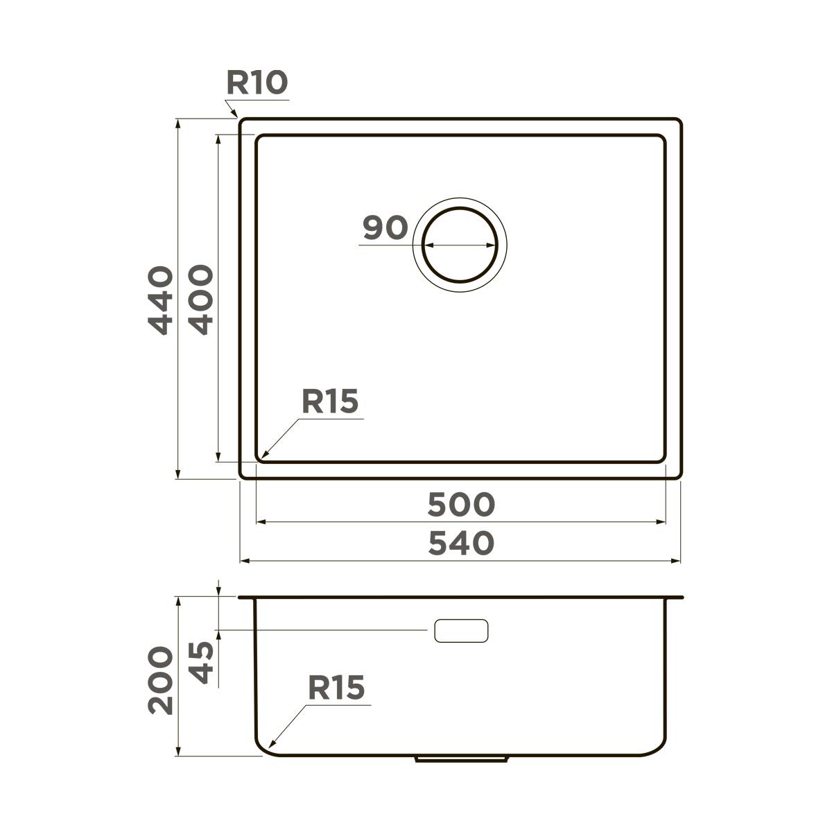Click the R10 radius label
(256, 83)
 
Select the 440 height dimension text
(161, 300)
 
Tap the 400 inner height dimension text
(201, 300)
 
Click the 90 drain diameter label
(385, 228)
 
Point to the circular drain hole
(460, 245)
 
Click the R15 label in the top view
(329, 401)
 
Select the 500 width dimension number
(460, 505)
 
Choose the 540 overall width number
(460, 544)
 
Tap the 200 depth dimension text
(161, 680)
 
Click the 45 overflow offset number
(201, 663)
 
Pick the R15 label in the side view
(336, 688)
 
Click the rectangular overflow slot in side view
(461, 630)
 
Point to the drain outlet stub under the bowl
(461, 759)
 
